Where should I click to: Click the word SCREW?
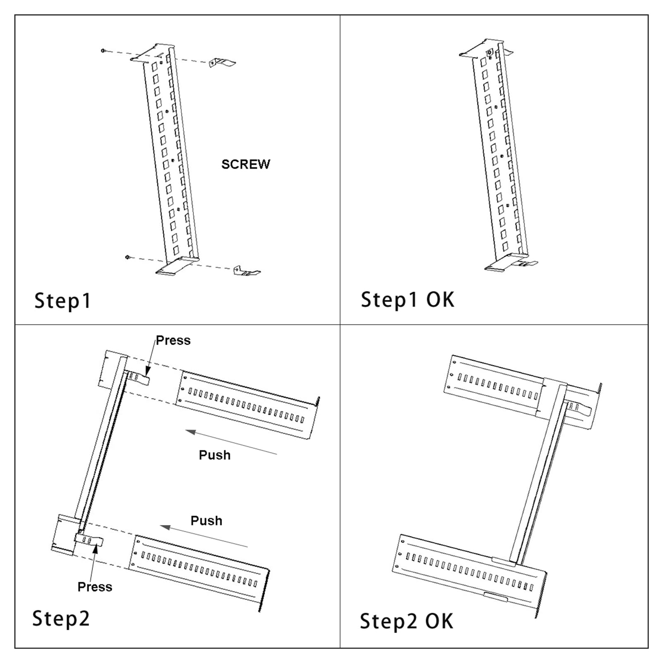point(245,164)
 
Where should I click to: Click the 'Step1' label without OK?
point(62,301)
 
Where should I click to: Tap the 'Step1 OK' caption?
point(407,300)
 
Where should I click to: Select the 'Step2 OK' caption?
point(406,621)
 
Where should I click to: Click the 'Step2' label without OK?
point(61,619)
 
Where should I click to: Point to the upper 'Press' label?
point(173,341)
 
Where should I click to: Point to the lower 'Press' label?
point(95,587)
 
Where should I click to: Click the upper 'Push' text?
point(214,455)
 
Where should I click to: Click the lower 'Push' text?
point(206,520)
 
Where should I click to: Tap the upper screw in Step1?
point(103,50)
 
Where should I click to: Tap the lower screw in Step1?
point(128,257)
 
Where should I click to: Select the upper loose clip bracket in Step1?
point(222,63)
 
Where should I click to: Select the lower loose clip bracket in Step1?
point(247,271)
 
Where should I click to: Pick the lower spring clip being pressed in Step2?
point(89,540)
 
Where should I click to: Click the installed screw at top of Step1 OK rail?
point(490,53)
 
